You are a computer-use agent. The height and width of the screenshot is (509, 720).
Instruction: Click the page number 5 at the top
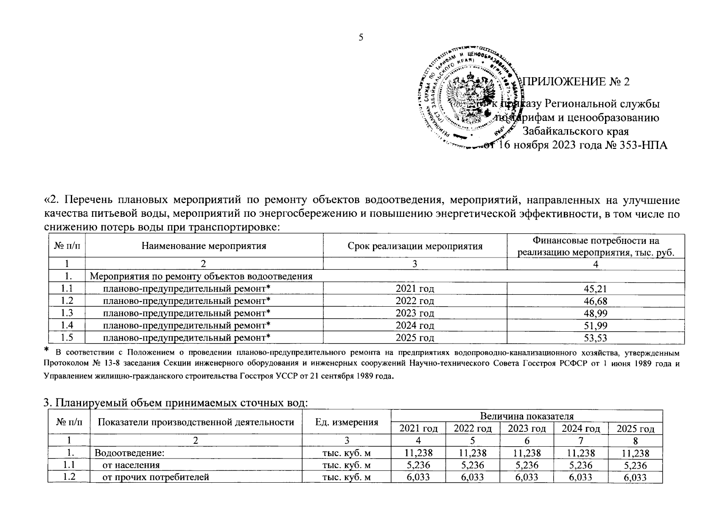[x=361, y=38]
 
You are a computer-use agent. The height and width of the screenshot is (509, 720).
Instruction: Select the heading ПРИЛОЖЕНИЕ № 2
[x=577, y=81]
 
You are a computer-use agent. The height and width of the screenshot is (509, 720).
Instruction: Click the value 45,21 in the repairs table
[x=595, y=289]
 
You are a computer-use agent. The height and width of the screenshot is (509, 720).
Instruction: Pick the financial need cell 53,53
[x=595, y=338]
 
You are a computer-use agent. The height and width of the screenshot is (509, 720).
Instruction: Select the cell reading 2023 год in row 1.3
[x=415, y=313]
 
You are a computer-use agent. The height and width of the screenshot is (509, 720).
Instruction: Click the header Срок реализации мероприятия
[x=415, y=246]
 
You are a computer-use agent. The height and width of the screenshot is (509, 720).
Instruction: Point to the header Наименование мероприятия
[x=204, y=246]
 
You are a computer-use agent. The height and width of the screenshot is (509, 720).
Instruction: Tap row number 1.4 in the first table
[x=67, y=326]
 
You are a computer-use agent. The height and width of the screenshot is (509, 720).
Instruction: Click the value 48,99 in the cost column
[x=595, y=313]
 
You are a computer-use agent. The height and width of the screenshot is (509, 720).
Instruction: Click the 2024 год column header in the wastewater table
[x=581, y=428]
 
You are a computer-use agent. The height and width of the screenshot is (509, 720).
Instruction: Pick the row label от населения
[x=131, y=465]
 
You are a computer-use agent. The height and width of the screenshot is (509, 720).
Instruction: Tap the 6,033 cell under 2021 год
[x=418, y=477]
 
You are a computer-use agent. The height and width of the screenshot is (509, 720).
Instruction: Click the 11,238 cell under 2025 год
[x=635, y=453]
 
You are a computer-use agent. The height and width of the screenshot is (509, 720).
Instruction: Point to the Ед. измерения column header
[x=346, y=422]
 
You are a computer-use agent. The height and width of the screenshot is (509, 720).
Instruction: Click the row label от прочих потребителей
[x=156, y=477]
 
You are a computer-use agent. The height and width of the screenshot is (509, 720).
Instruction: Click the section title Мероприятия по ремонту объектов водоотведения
[x=201, y=277]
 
